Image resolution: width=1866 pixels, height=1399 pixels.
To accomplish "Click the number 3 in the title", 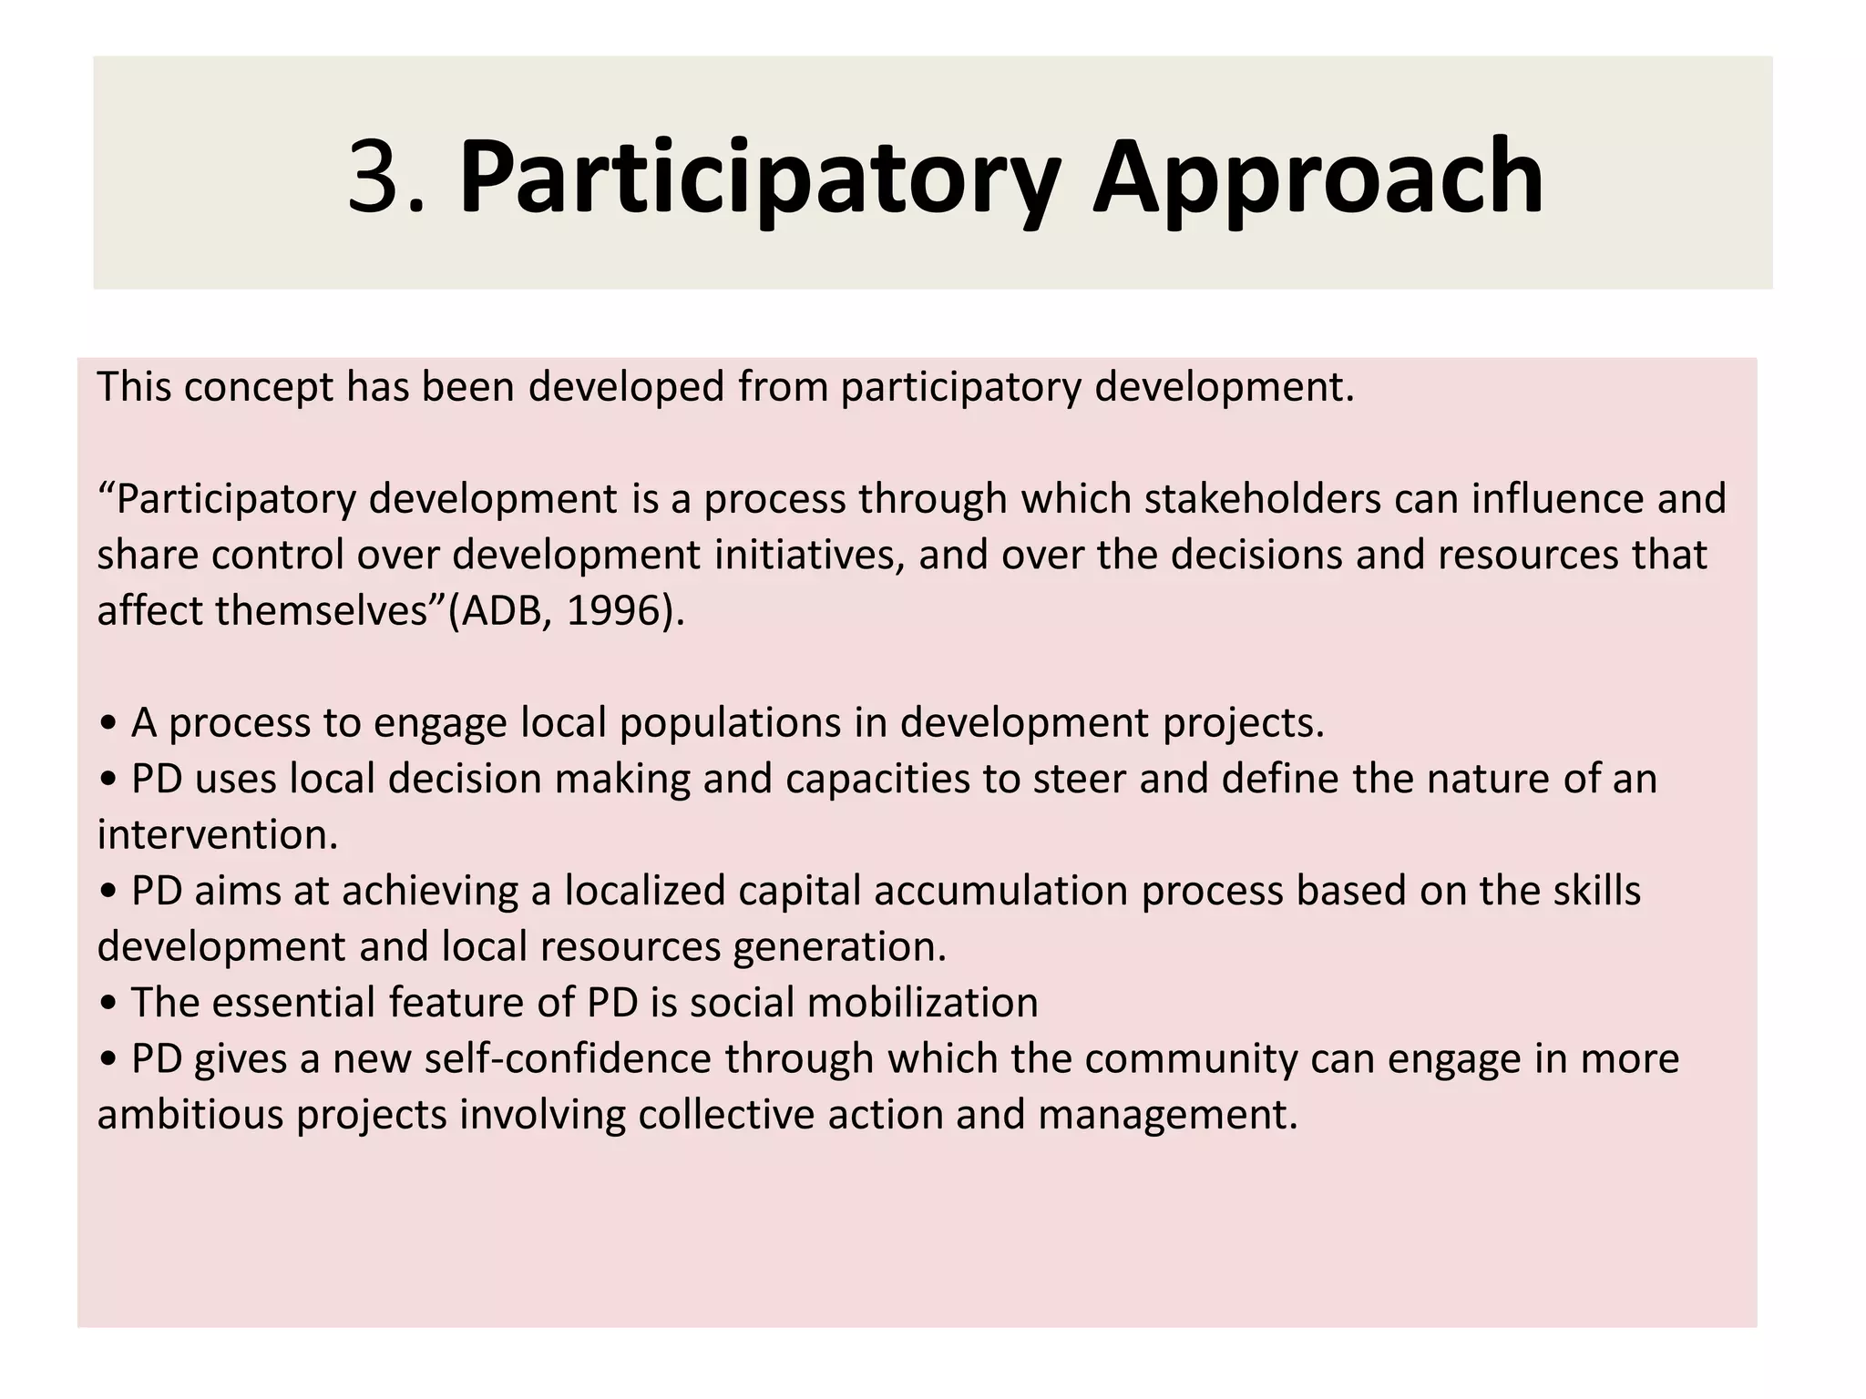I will click(x=374, y=177).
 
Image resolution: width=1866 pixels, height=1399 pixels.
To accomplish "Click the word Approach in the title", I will click(x=1317, y=177).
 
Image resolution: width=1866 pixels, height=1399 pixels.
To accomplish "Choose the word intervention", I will click(x=217, y=835).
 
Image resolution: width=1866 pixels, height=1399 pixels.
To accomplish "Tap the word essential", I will click(x=293, y=1003).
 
